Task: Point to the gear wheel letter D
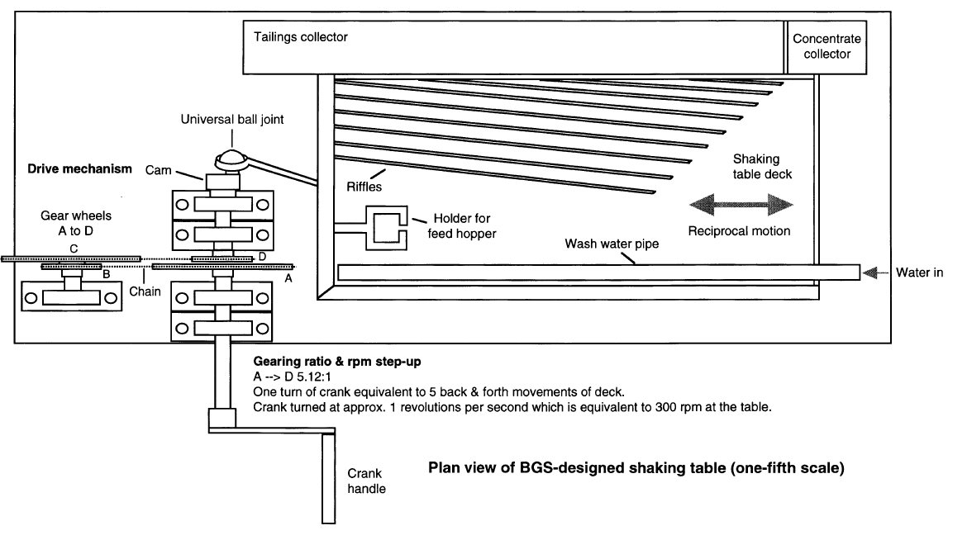click(x=261, y=258)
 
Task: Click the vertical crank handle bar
click(x=328, y=475)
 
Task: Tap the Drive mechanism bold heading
click(x=79, y=169)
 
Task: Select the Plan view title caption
click(x=636, y=468)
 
